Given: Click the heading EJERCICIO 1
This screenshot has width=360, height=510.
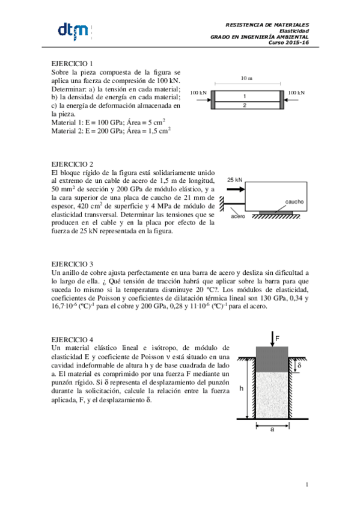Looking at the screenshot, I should pos(72,63).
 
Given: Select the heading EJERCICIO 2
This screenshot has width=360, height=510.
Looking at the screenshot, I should pos(72,164).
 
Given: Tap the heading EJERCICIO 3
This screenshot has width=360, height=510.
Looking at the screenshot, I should pos(72,264).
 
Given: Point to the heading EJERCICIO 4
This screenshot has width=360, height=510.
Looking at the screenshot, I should pos(72,339).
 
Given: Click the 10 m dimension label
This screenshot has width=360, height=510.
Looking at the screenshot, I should pos(246,79).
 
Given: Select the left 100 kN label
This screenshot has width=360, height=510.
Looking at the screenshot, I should pos(198,93).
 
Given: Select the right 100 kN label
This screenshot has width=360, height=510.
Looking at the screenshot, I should pos(296,93).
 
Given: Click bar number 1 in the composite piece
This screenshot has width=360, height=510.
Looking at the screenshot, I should pos(245,96).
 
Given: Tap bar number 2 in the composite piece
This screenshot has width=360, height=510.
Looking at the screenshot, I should pos(245,105).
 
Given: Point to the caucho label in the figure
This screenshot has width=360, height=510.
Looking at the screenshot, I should pos(294,202).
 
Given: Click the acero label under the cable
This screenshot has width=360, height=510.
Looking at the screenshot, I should pos(238,215).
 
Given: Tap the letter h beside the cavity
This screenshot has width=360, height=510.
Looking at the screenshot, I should pos(242,389).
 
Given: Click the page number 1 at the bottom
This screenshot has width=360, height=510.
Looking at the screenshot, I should pos(307,484).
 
